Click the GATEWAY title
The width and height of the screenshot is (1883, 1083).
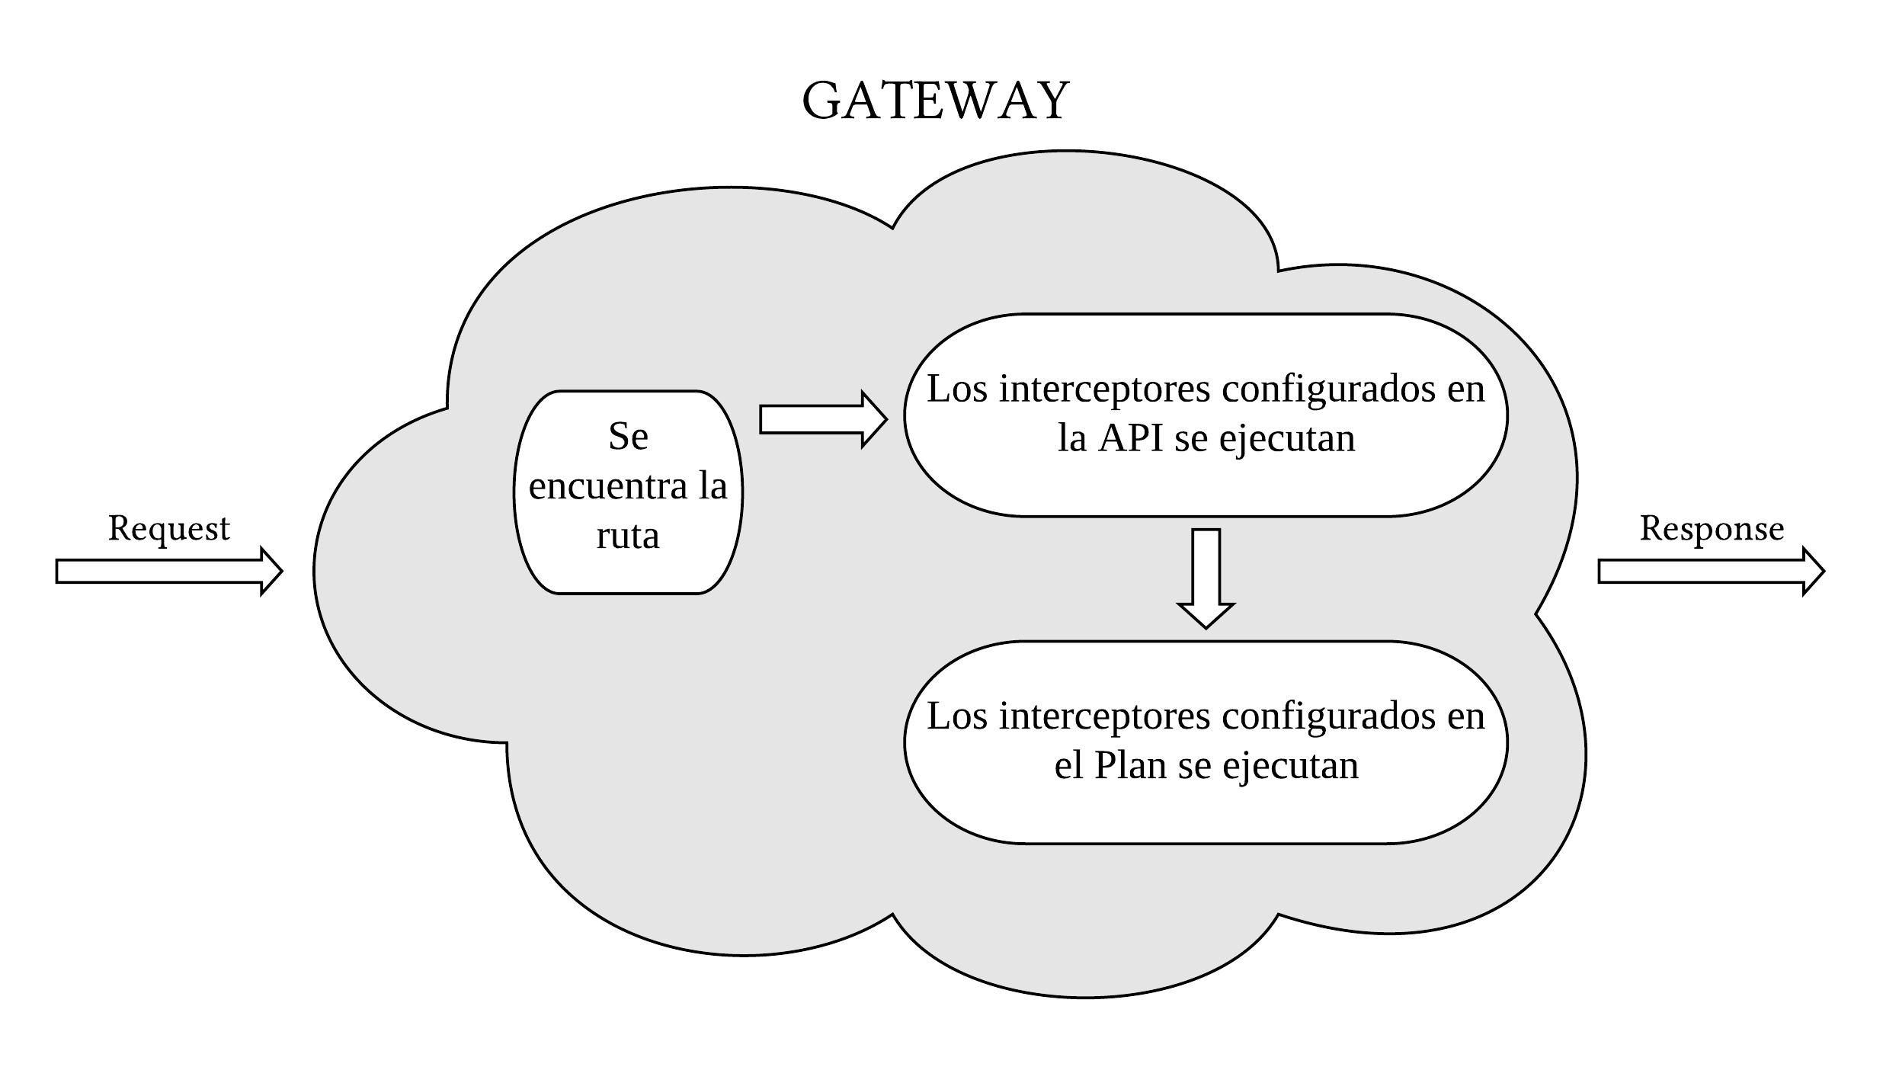coord(935,101)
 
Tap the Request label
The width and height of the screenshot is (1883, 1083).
coord(168,528)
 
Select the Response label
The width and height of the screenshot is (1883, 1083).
coord(1712,528)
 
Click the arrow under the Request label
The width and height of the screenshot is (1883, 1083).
coord(168,571)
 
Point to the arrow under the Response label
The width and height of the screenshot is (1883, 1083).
coord(1711,571)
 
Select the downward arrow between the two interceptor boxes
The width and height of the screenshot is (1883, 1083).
coord(1206,578)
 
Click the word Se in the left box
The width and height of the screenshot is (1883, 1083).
coord(628,437)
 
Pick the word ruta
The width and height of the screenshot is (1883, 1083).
coord(628,536)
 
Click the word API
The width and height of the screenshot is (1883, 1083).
coord(1130,438)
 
